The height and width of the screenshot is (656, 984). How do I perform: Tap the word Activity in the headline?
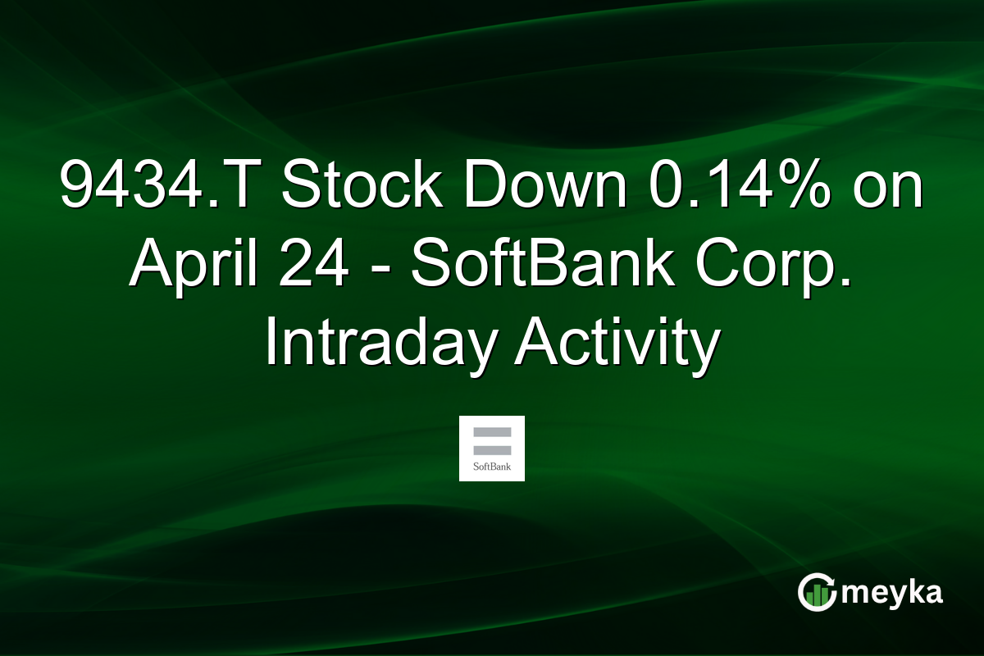pyautogui.click(x=617, y=343)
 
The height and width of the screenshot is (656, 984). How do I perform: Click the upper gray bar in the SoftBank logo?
pyautogui.click(x=492, y=432)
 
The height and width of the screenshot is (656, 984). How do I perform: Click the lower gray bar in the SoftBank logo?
pyautogui.click(x=492, y=448)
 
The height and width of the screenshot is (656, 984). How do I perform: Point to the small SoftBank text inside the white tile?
pyautogui.click(x=492, y=468)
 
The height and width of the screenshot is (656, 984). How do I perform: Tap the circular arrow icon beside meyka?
pyautogui.click(x=817, y=593)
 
